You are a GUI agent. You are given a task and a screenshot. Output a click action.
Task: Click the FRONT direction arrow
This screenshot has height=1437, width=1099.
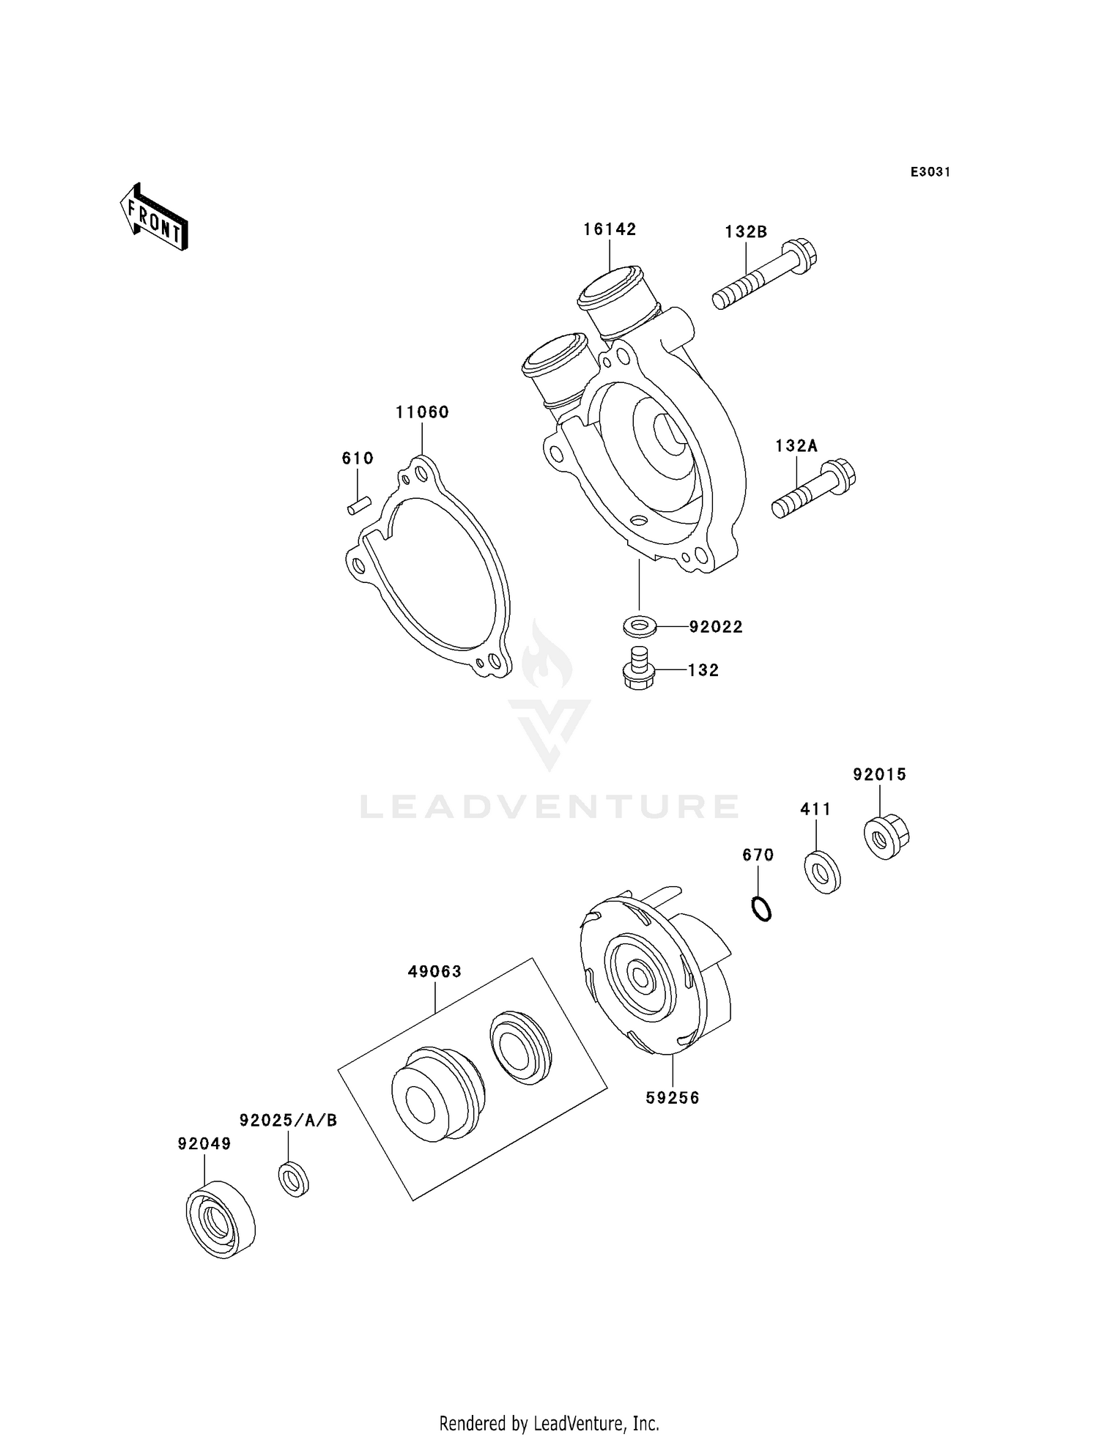tap(155, 218)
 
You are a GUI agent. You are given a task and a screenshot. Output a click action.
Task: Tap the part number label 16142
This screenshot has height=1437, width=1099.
tap(610, 229)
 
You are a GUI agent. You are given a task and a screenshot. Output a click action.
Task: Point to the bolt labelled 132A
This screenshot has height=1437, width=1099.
tap(813, 489)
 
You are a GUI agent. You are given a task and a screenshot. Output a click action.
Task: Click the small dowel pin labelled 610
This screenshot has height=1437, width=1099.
tap(359, 505)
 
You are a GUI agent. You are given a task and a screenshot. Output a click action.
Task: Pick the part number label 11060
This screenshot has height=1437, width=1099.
tap(422, 412)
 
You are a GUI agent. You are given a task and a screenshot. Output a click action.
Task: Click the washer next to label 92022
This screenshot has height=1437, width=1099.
tap(640, 627)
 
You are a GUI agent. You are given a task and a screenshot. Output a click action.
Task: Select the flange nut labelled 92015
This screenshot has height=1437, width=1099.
tap(886, 836)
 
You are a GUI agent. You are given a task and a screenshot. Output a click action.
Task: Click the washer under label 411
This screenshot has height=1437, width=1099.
tap(823, 872)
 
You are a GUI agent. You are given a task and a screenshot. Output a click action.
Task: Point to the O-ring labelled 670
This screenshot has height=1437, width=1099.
tap(762, 909)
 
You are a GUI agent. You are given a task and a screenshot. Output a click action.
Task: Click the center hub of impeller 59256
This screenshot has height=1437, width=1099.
tap(640, 977)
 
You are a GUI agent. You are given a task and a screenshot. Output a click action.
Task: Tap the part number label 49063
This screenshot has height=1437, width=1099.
tap(435, 972)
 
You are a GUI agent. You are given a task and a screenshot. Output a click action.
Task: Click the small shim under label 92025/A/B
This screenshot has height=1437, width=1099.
tap(294, 1178)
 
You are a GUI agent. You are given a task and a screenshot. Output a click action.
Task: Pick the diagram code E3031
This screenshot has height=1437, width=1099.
tap(930, 172)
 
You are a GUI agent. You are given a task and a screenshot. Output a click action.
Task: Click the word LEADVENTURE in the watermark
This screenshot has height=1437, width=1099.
tap(549, 806)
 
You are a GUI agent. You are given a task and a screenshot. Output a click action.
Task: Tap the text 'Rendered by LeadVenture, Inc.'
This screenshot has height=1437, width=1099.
tap(549, 1423)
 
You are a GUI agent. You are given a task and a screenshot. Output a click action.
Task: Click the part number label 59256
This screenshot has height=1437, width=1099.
tap(673, 1118)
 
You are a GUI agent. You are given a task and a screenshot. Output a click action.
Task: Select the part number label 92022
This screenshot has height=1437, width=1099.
tap(715, 627)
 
